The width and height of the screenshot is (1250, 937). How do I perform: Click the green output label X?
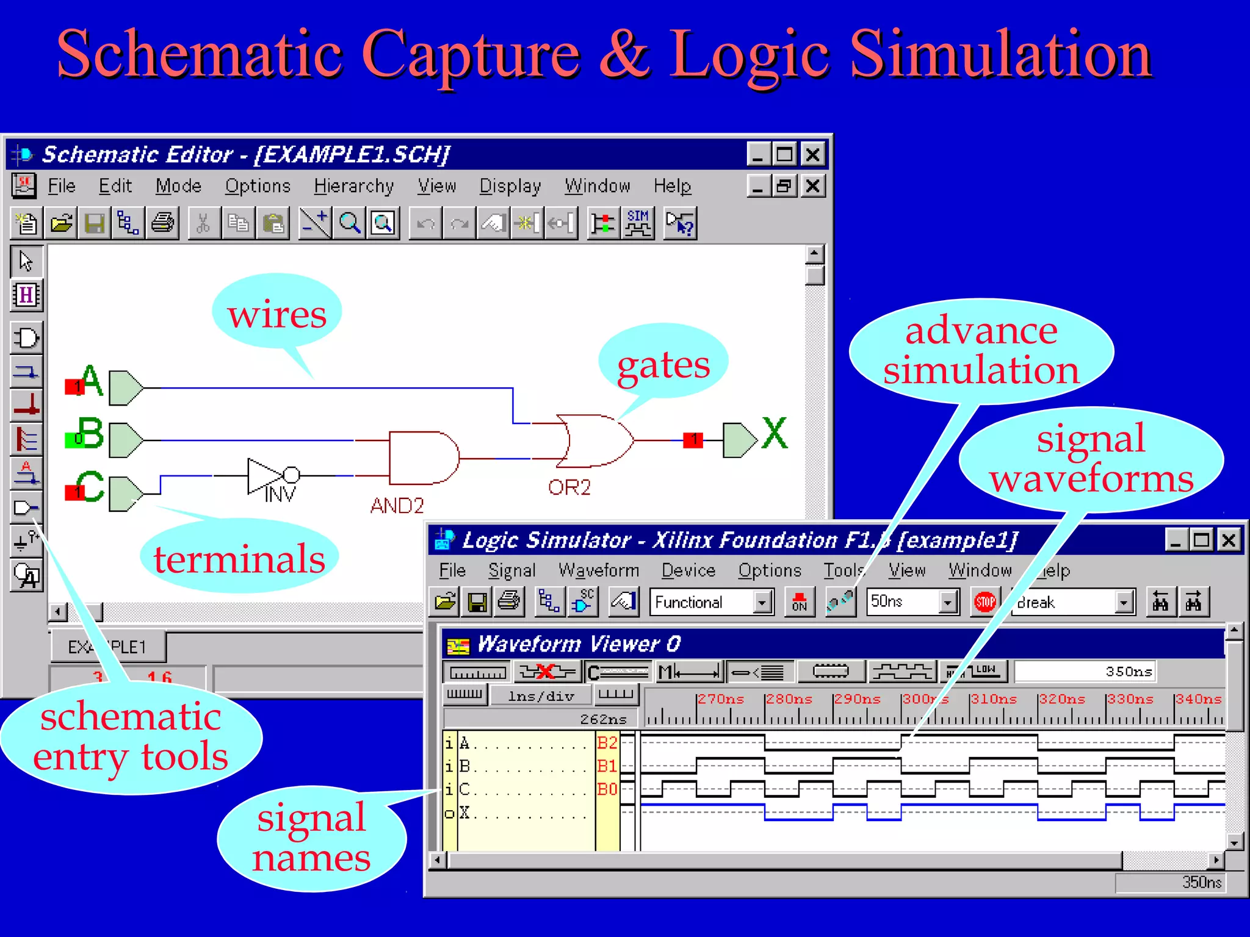pyautogui.click(x=775, y=434)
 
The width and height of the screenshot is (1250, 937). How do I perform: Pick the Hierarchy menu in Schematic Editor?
pyautogui.click(x=353, y=186)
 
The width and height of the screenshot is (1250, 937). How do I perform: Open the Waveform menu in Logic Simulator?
pyautogui.click(x=599, y=570)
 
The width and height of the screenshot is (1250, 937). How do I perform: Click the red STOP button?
pyautogui.click(x=984, y=603)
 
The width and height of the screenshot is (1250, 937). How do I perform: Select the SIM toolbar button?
pyautogui.click(x=638, y=223)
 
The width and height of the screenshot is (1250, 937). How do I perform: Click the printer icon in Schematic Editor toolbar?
pyautogui.click(x=162, y=223)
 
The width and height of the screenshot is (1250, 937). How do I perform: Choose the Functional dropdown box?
pyautogui.click(x=710, y=603)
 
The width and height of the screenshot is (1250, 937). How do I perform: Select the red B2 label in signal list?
pyautogui.click(x=607, y=742)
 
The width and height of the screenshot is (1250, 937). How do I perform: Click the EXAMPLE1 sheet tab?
pyautogui.click(x=107, y=647)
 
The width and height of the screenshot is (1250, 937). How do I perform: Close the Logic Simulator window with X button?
pyautogui.click(x=1229, y=540)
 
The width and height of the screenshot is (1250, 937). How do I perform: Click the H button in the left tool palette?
pyautogui.click(x=26, y=295)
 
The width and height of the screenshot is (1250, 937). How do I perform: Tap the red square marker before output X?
pyautogui.click(x=693, y=439)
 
